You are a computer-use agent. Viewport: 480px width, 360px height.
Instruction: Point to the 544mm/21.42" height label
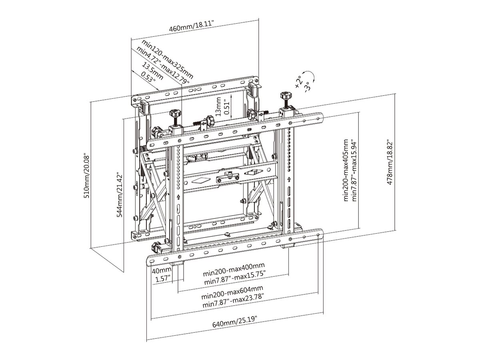(119, 195)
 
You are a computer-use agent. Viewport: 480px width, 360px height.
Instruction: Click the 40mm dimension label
(161, 270)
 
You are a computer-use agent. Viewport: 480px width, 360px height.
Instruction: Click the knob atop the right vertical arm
(286, 96)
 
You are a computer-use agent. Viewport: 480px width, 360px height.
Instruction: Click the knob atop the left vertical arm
(175, 114)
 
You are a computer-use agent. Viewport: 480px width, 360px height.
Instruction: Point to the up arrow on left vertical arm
(178, 197)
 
